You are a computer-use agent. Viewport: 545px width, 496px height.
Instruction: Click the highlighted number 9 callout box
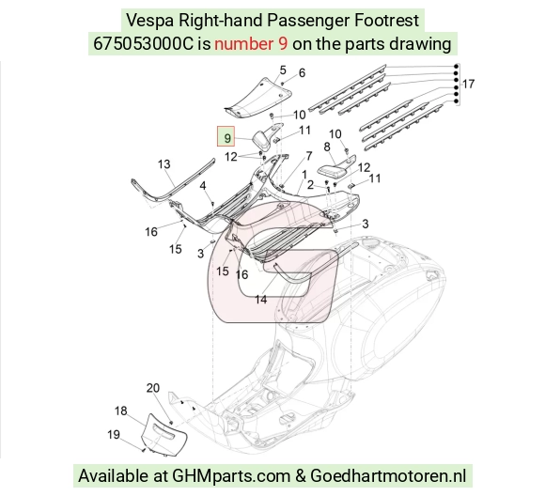[x=226, y=136]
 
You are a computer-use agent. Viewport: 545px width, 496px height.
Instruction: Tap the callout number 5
[x=283, y=70]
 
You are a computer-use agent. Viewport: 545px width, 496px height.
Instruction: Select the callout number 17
[x=468, y=84]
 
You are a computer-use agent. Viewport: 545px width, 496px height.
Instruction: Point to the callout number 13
[x=164, y=163]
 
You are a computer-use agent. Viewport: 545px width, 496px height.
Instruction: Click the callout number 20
[x=153, y=388]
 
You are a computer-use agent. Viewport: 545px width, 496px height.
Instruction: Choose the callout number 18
[x=120, y=411]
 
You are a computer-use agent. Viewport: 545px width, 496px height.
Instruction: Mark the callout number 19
[x=114, y=434]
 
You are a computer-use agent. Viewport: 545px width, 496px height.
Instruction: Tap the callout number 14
[x=261, y=299]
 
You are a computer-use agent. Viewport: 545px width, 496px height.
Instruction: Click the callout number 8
[x=327, y=147]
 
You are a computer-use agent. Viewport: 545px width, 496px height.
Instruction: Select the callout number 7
[x=309, y=156]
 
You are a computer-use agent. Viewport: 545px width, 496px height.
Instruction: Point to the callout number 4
[x=203, y=186]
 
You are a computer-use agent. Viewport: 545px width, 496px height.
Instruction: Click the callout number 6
[x=302, y=72]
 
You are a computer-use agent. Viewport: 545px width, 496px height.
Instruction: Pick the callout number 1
[x=304, y=175]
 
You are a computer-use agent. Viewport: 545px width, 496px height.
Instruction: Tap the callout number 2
[x=310, y=185]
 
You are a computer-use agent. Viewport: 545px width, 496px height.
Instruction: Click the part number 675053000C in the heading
[x=143, y=44]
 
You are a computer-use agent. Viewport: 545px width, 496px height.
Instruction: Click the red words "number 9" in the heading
[x=251, y=44]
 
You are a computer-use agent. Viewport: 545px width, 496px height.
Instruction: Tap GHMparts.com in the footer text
[x=231, y=476]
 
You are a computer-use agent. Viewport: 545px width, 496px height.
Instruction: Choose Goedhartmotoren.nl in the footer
[x=388, y=476]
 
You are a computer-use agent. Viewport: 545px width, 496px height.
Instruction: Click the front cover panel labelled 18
[x=163, y=435]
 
